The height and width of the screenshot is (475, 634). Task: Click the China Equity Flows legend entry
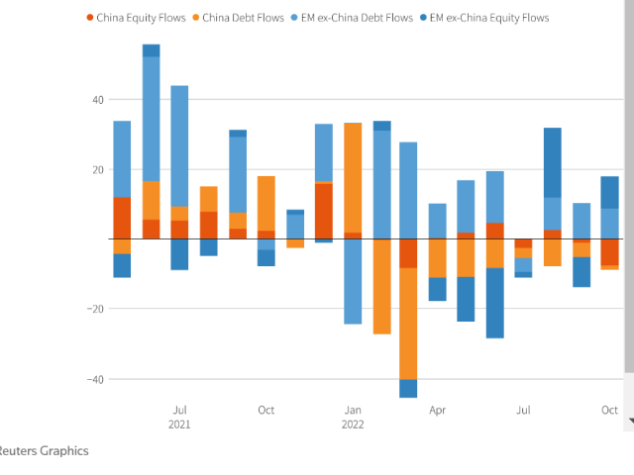[x=140, y=18]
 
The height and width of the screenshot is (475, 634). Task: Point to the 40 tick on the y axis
[x=97, y=99]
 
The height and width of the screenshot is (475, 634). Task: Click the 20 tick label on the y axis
[x=97, y=169]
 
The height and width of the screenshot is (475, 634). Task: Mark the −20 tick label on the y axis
[x=95, y=309]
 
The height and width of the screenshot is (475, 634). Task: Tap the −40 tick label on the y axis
[x=95, y=379]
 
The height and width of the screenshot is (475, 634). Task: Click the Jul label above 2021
[x=180, y=410]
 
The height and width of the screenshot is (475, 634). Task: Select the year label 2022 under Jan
[x=353, y=425]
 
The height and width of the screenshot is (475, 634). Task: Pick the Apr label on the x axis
[x=437, y=410]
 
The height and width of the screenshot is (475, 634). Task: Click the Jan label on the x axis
[x=353, y=410]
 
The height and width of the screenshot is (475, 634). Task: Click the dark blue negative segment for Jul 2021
[x=179, y=254]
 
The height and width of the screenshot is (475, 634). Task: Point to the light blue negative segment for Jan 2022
[x=353, y=281]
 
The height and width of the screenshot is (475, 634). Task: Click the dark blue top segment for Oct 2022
[x=610, y=192]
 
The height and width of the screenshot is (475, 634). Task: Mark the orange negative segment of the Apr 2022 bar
[x=438, y=258]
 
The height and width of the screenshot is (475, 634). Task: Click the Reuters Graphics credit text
[x=44, y=451]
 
